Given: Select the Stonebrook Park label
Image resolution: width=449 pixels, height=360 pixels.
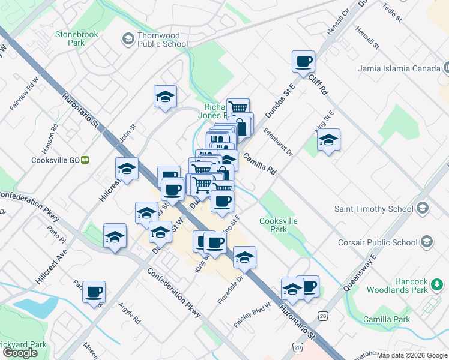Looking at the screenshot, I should point(77,39).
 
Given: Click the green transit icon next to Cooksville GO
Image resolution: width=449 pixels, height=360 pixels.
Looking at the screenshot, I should point(85,160).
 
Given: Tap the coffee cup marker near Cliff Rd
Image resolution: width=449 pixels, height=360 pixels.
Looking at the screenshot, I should point(303,61).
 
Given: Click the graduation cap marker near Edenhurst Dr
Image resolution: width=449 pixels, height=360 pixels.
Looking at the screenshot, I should point(328,140).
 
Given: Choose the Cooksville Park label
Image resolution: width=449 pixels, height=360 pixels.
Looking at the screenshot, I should point(278,225).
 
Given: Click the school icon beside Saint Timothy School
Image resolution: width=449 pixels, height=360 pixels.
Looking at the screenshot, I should point(422,208).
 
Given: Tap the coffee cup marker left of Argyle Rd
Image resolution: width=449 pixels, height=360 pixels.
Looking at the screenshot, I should point(94,292).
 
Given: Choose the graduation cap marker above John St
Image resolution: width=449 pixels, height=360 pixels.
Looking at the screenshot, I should point(165,97).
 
